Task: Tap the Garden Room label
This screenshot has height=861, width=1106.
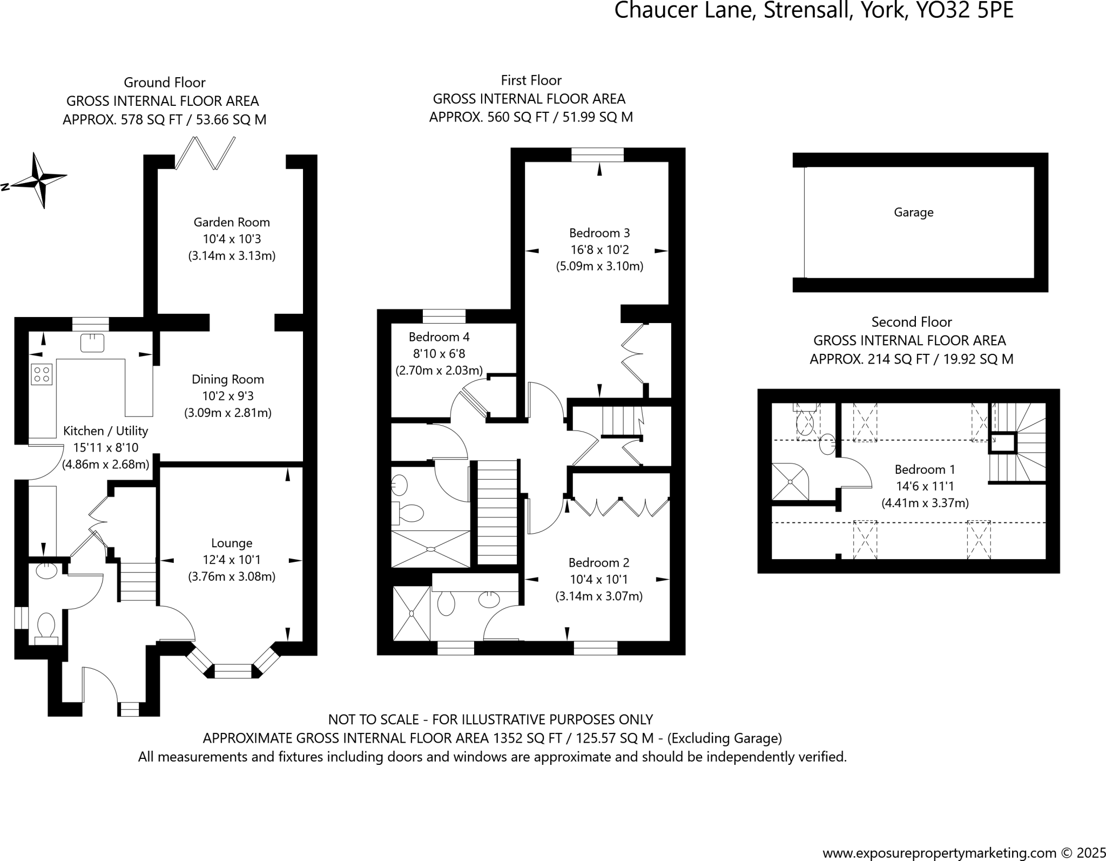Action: [232, 222]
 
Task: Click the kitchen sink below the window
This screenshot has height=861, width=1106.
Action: [92, 343]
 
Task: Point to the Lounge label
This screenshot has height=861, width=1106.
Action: [232, 543]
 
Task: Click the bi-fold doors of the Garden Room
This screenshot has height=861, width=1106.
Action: [205, 153]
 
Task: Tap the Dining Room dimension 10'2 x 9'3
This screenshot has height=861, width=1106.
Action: [228, 396]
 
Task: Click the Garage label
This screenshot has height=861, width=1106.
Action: [914, 212]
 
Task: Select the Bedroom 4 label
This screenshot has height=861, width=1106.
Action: [439, 337]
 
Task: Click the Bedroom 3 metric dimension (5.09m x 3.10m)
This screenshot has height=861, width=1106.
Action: [599, 266]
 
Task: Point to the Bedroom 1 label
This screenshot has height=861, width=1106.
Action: [925, 469]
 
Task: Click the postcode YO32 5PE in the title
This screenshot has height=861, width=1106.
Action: [965, 11]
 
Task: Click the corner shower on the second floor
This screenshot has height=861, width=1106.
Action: [791, 481]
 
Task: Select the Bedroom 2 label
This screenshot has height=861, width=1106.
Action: [599, 563]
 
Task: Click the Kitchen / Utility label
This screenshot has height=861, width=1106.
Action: [105, 431]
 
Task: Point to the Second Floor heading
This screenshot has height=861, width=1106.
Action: [912, 322]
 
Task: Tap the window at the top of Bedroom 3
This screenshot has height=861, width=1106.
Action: [597, 155]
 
